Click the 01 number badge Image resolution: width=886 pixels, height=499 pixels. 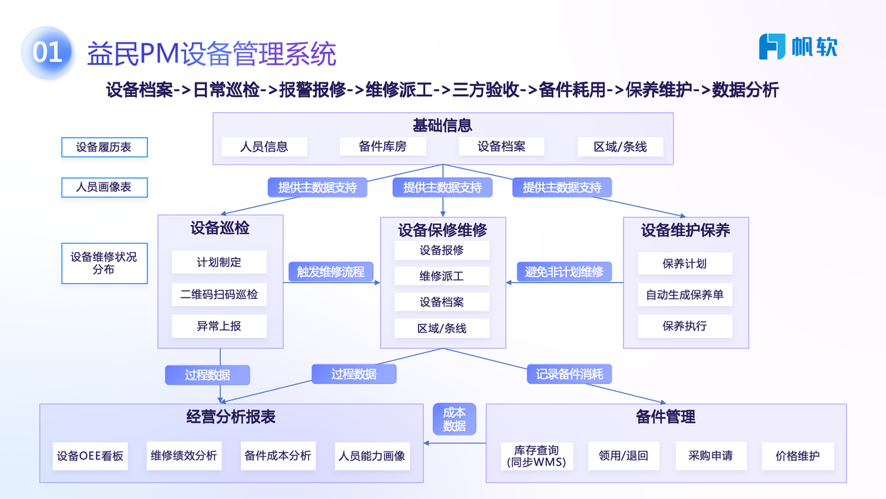[47, 53]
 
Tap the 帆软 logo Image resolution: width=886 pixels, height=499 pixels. [798, 46]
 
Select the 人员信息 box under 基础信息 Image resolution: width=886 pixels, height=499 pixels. [264, 147]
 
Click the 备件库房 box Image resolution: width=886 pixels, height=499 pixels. [383, 147]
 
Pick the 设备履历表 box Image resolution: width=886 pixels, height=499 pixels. [104, 147]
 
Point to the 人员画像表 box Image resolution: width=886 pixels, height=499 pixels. [104, 187]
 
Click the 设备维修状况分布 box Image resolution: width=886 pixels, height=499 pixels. [104, 263]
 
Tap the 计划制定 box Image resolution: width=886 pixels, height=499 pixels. [219, 263]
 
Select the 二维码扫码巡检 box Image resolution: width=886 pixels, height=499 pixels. [219, 294]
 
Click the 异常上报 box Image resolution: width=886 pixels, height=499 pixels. [219, 326]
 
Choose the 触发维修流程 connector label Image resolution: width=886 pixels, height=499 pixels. [331, 272]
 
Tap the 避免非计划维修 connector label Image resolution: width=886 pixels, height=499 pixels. [564, 272]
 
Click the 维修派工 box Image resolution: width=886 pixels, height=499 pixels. [442, 275]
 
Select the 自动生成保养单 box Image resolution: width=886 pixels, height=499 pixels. [685, 295]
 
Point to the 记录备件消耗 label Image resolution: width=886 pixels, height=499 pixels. [569, 374]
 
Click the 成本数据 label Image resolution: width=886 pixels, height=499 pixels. [454, 419]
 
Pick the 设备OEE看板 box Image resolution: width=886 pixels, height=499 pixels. [90, 456]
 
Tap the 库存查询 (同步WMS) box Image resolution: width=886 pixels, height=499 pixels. [536, 456]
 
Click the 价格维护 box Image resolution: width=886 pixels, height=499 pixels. [797, 456]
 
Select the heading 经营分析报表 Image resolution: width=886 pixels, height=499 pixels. [231, 417]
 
